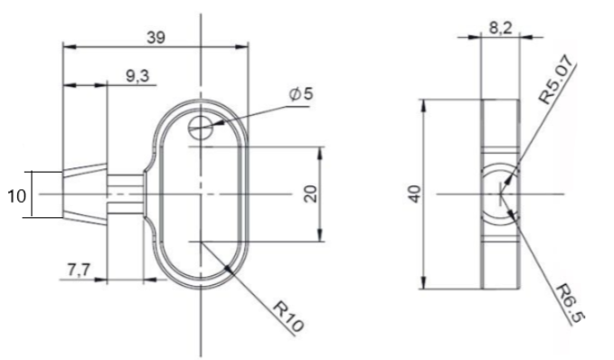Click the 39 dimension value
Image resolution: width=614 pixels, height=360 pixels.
(x=156, y=38)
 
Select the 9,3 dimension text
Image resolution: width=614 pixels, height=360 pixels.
(x=137, y=76)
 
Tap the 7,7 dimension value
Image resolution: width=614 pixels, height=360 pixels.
(x=79, y=270)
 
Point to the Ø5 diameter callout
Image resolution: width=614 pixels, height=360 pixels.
(x=301, y=94)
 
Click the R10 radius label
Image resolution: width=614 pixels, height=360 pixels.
(x=288, y=316)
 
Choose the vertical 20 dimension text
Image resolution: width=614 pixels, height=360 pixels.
(x=310, y=194)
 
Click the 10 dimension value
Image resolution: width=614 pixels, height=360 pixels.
(x=16, y=196)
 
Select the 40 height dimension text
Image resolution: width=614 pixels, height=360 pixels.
(x=415, y=194)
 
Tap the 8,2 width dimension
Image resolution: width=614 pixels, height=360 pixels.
(x=500, y=28)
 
